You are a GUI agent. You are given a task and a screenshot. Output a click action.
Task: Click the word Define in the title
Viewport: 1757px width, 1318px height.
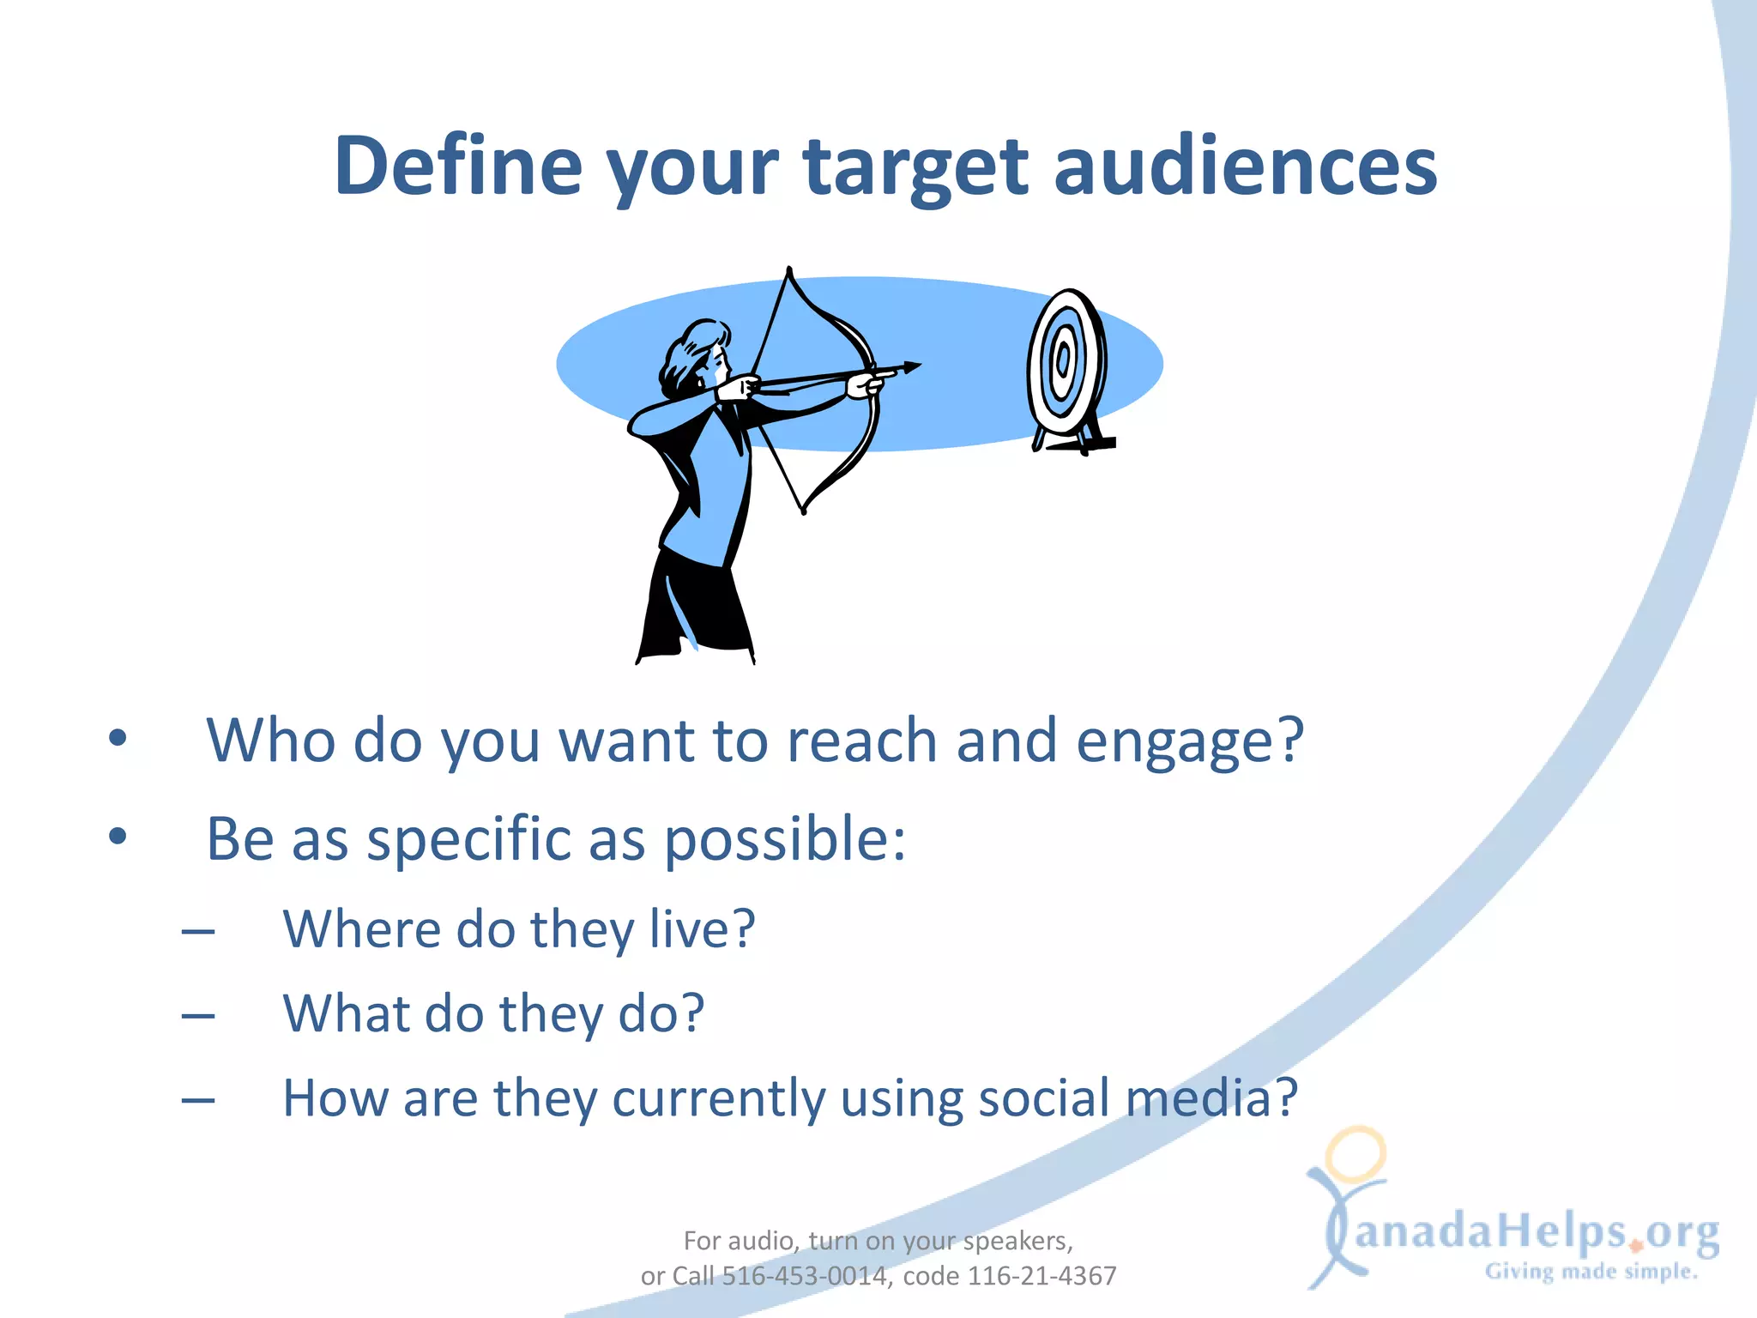pyautogui.click(x=458, y=166)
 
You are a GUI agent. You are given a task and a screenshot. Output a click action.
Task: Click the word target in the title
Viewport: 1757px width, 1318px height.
pyautogui.click(x=915, y=167)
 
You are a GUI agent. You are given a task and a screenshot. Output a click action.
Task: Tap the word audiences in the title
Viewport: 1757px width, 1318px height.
pyautogui.click(x=1245, y=166)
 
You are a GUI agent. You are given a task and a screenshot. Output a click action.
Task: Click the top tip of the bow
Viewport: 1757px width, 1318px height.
pyautogui.click(x=789, y=270)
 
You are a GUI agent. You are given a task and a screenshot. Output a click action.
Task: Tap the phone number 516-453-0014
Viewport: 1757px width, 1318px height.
pyautogui.click(x=803, y=1276)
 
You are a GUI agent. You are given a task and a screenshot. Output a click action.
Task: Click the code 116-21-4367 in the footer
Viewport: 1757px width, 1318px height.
pyautogui.click(x=1042, y=1276)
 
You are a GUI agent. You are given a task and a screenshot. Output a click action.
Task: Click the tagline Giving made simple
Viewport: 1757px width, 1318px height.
pyautogui.click(x=1591, y=1272)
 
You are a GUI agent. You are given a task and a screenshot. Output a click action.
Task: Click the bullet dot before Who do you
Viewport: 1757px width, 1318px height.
pyautogui.click(x=118, y=738)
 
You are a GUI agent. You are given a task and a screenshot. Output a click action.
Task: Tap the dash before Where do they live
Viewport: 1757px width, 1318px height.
pyautogui.click(x=198, y=932)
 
